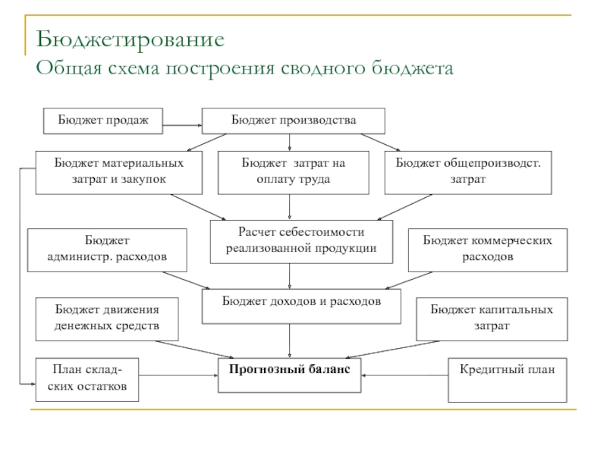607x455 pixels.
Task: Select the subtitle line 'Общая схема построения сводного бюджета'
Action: coord(244,69)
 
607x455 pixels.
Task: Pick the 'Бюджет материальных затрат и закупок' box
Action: coord(118,172)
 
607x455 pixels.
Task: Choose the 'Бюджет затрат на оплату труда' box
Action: coord(293,172)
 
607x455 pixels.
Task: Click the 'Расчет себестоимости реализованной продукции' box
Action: coord(301,241)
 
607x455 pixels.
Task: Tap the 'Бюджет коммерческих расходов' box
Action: coord(488,249)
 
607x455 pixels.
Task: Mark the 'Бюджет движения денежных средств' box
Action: coord(107,318)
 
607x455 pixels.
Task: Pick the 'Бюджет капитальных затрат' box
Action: coord(492,318)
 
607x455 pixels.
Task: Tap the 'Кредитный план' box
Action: coord(507,379)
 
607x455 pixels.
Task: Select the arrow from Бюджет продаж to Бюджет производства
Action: coord(183,124)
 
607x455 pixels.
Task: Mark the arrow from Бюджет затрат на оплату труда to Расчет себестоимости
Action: coord(290,207)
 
